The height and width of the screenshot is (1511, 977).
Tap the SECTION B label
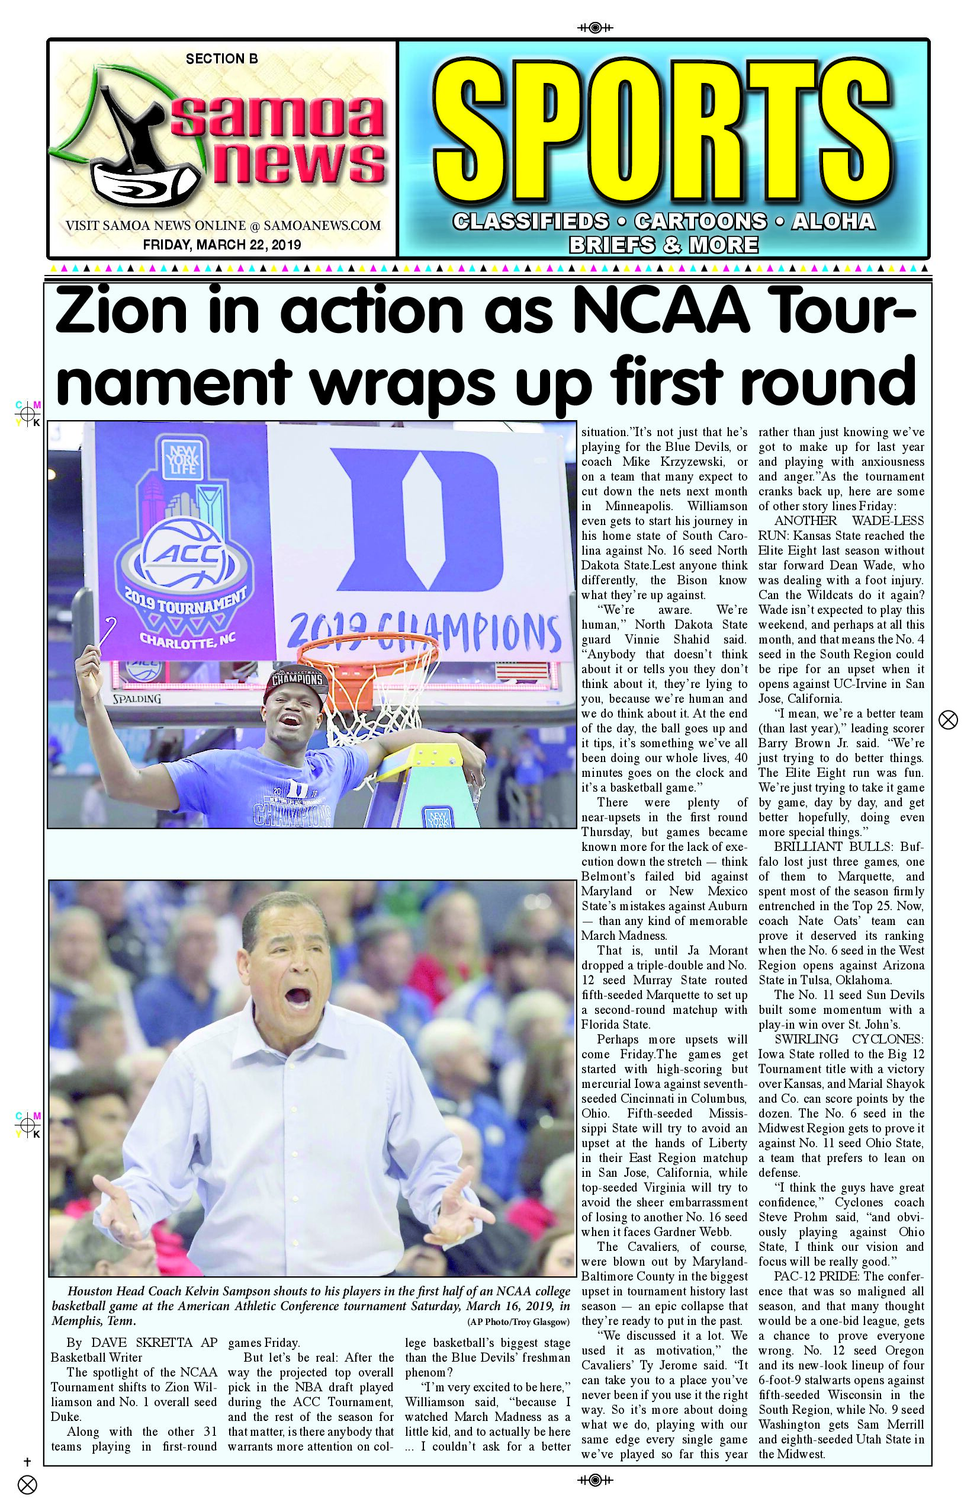click(x=221, y=59)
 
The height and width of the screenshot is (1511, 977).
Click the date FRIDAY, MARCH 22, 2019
click(x=221, y=244)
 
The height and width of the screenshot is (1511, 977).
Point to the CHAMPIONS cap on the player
click(x=297, y=681)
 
